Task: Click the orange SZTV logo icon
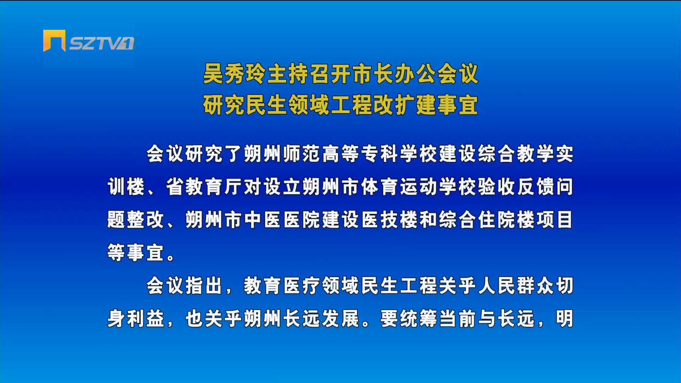pos(54,40)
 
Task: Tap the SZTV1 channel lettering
pos(101,43)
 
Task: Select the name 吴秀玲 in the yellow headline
pos(234,74)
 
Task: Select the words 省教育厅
pos(205,187)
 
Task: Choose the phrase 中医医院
pos(283,220)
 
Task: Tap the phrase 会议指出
pos(185,286)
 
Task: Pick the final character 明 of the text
pos(564,318)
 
